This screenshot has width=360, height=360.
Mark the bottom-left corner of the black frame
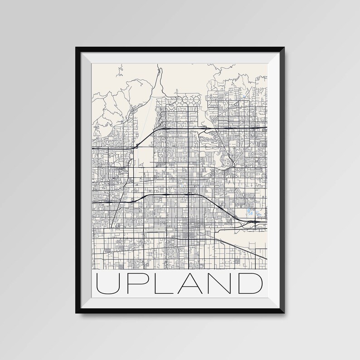(x=73, y=315)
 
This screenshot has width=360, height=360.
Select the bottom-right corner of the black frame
(x=286, y=315)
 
